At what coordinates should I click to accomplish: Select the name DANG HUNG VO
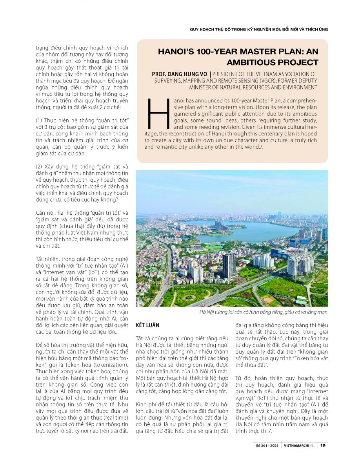pos(187,74)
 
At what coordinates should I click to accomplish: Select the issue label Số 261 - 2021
pos(267,445)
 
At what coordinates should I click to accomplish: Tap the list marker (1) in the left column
pos(40,119)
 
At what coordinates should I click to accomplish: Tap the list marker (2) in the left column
pos(40,166)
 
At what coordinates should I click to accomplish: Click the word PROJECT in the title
pos(301,62)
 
